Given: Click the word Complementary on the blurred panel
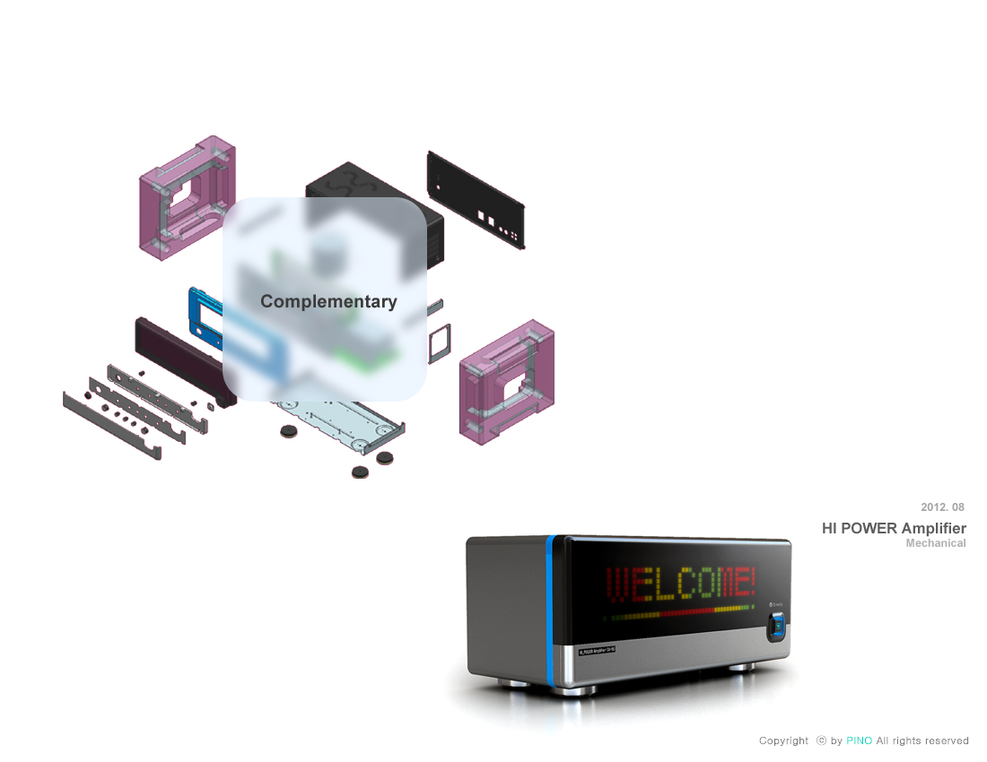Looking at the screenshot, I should [328, 302].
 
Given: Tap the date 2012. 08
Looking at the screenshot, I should [942, 507].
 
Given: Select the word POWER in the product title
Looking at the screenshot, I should [872, 528].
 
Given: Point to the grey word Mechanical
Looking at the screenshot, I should [936, 543].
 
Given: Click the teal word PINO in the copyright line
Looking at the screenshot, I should [859, 740].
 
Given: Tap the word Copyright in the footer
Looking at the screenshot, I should [783, 740].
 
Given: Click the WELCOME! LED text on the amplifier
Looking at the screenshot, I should [681, 584].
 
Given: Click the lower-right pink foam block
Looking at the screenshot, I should [506, 381].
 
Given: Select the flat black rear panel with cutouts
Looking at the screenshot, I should [476, 198].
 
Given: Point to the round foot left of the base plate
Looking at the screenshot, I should [288, 432].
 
